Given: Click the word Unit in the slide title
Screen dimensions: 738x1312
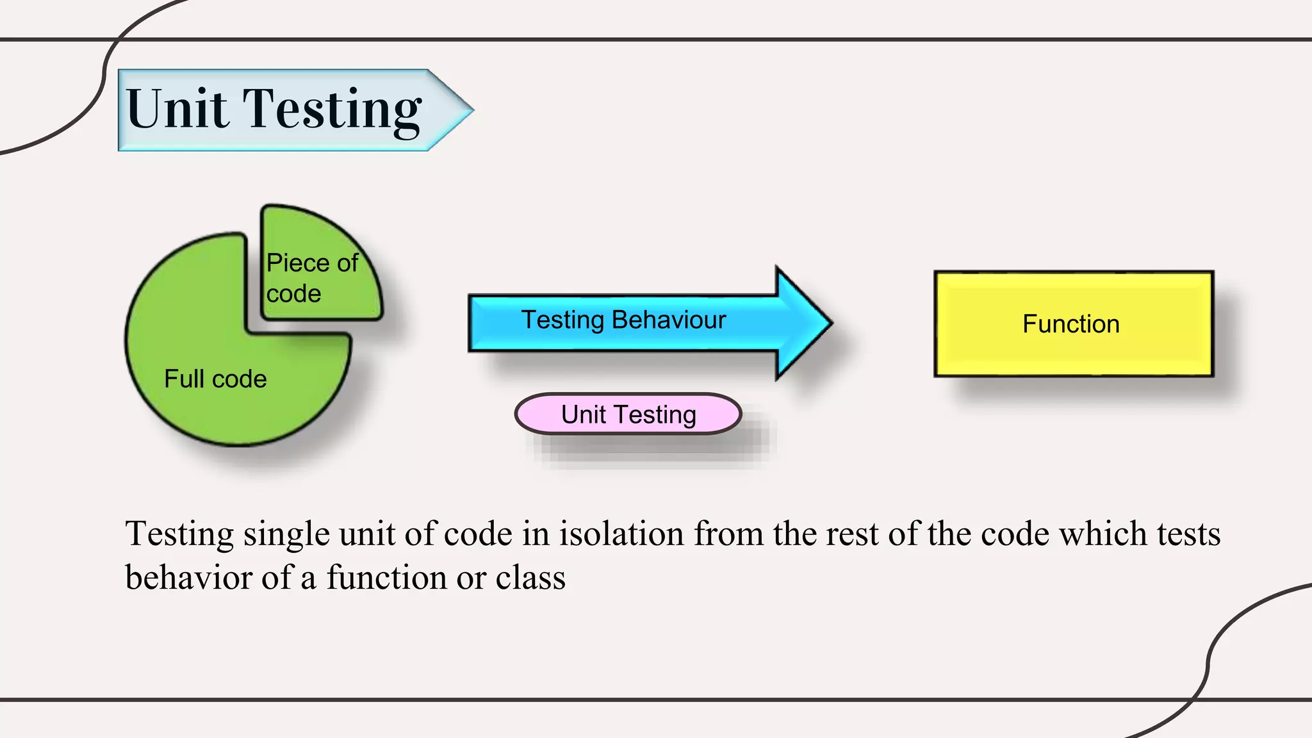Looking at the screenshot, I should click(177, 109).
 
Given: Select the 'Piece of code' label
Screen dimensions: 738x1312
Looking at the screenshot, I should click(312, 278).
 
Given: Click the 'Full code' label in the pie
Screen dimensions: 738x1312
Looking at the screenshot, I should click(215, 379).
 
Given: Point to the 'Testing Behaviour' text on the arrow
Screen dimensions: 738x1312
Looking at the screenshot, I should click(623, 320).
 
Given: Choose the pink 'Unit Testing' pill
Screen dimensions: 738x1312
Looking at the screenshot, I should click(628, 414).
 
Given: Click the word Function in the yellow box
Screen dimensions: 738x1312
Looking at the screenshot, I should click(1071, 324).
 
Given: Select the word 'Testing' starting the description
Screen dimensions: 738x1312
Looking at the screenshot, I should click(179, 535).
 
